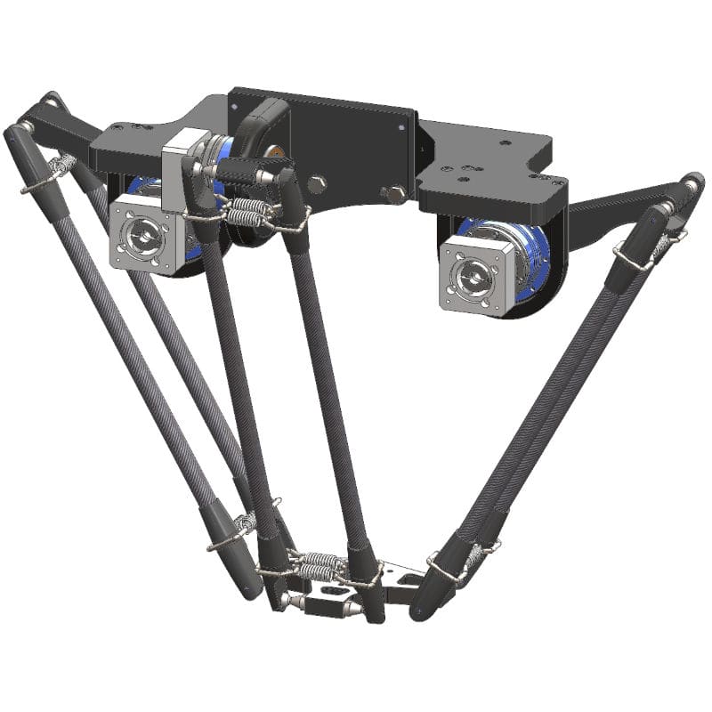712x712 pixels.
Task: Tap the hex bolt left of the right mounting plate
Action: pos(392,193)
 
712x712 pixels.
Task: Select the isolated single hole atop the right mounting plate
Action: pos(505,142)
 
